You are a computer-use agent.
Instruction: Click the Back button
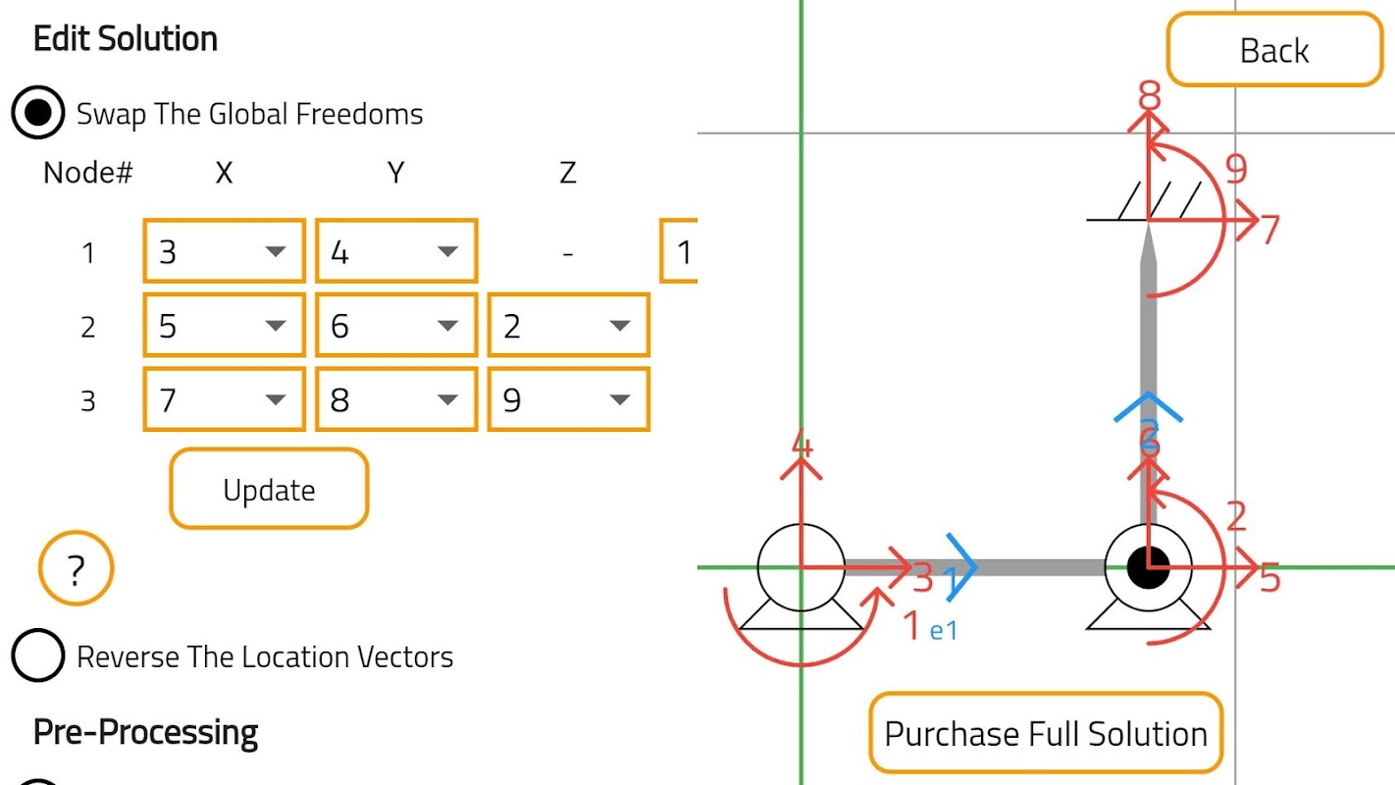[x=1273, y=50]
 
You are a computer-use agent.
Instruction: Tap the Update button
[x=269, y=489]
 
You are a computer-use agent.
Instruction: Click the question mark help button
[x=77, y=569]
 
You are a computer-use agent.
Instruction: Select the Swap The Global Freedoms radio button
[x=37, y=114]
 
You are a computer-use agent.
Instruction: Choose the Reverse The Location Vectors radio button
[x=37, y=656]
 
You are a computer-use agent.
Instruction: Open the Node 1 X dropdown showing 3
[x=224, y=251]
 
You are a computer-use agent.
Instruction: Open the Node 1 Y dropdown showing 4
[x=396, y=251]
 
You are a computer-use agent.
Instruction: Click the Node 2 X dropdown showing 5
[x=224, y=326]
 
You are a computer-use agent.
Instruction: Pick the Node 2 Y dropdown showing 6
[x=396, y=326]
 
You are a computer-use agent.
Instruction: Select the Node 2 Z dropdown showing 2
[x=568, y=326]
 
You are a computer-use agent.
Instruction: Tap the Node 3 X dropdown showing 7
[x=224, y=399]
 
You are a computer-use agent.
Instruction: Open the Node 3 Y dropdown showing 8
[x=396, y=399]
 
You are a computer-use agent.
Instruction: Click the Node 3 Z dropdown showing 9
[x=568, y=399]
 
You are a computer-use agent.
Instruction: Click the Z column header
[x=567, y=174]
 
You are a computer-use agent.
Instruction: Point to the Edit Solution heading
[x=126, y=39]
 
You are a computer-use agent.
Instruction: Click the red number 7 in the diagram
[x=1270, y=230]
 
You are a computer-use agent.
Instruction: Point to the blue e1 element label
[x=943, y=631]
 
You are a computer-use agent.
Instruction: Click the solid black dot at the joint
[x=1148, y=566]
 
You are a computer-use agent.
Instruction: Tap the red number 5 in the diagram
[x=1270, y=579]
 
